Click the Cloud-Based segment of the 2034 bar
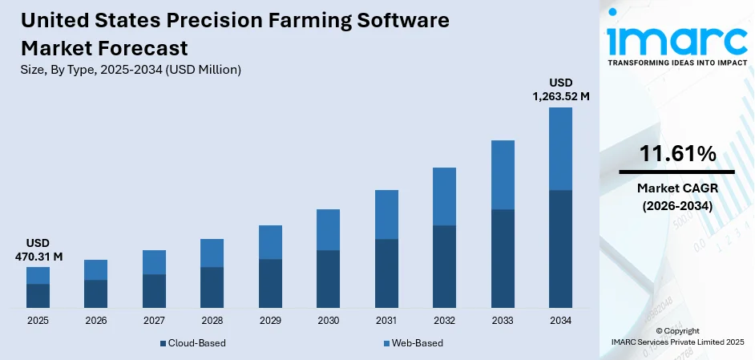pyautogui.click(x=560, y=249)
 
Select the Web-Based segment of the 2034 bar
pyautogui.click(x=560, y=148)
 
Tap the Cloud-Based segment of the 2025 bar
pyautogui.click(x=38, y=296)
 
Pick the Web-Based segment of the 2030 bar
pyautogui.click(x=328, y=229)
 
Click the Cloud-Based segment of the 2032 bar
pyautogui.click(x=444, y=266)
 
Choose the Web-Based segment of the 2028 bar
pyautogui.click(x=212, y=253)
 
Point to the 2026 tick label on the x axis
pyautogui.click(x=95, y=320)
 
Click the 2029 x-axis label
pyautogui.click(x=270, y=320)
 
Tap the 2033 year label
pyautogui.click(x=503, y=320)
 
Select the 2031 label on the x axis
pyautogui.click(x=386, y=320)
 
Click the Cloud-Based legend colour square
pyautogui.click(x=163, y=343)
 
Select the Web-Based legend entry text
pyautogui.click(x=416, y=343)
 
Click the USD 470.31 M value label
pyautogui.click(x=38, y=249)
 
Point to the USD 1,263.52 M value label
pyautogui.click(x=560, y=89)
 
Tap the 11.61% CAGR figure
pyautogui.click(x=677, y=154)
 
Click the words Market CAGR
pyautogui.click(x=677, y=188)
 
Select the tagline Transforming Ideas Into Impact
pyautogui.click(x=677, y=62)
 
